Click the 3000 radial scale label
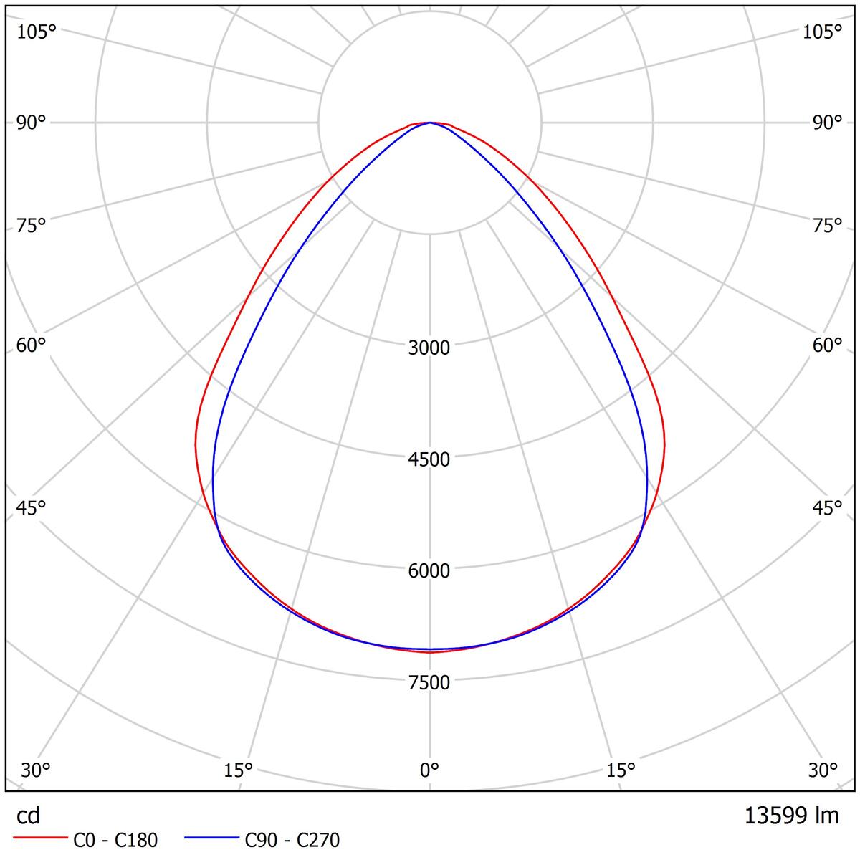point(429,348)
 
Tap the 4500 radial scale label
point(429,459)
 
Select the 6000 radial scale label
point(429,570)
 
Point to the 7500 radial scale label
point(429,682)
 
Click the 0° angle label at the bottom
point(429,770)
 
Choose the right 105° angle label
point(822,32)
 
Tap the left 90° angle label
point(31,123)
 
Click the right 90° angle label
point(828,123)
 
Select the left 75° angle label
point(31,225)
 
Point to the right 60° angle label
point(828,345)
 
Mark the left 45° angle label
point(31,507)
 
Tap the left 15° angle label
point(239,770)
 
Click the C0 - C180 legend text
point(115,840)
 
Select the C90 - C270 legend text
point(292,840)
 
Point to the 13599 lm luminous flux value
point(792,815)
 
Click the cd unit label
point(28,816)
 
